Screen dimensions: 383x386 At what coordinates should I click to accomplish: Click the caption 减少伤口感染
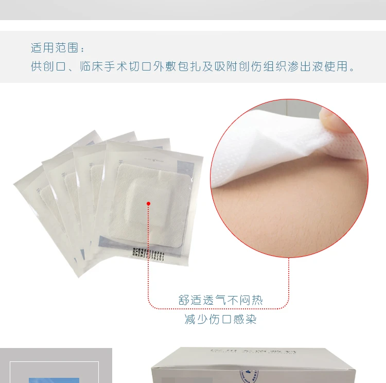(x=220, y=320)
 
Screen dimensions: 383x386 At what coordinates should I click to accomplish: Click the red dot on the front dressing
(x=148, y=204)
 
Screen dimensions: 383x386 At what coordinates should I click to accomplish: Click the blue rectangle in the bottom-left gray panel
(x=54, y=380)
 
